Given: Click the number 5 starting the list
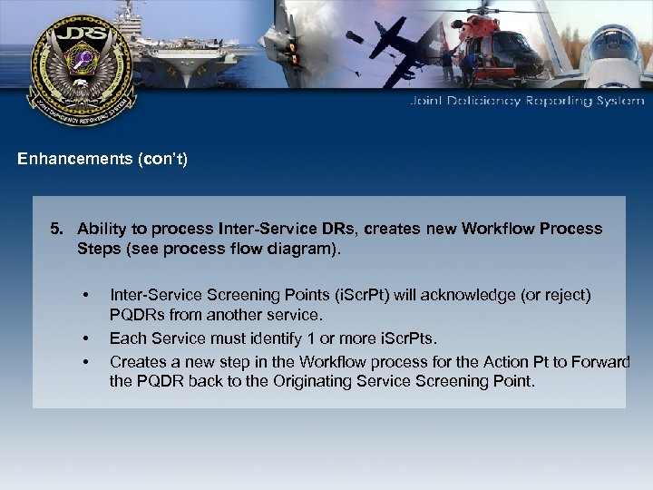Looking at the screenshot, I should (x=55, y=228).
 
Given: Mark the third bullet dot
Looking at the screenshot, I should (x=84, y=361).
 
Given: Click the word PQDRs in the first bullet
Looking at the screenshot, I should (x=137, y=316).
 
